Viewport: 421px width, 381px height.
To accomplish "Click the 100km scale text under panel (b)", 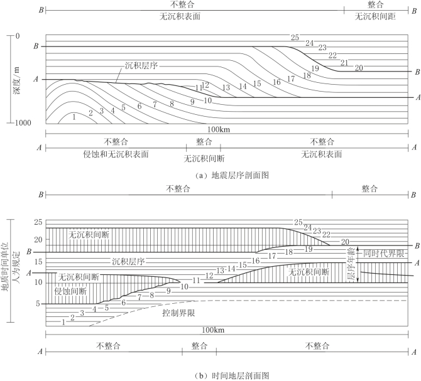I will pos(213,330).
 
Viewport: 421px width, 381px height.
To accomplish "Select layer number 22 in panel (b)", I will pos(327,234).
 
